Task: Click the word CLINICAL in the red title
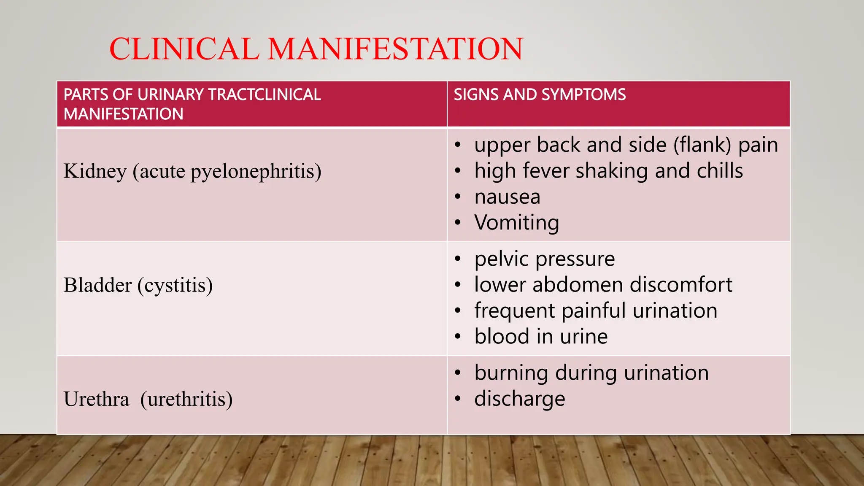tap(184, 49)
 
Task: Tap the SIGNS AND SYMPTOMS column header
tap(540, 94)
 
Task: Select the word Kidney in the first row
tap(95, 171)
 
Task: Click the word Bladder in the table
tap(97, 285)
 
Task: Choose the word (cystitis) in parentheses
tap(175, 285)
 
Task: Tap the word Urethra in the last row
tap(96, 399)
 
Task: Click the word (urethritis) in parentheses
tap(186, 399)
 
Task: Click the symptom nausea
tap(507, 197)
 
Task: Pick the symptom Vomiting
tap(516, 222)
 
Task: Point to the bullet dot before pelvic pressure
tap(458, 259)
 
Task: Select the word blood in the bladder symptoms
tap(502, 336)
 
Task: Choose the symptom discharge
tap(519, 399)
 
